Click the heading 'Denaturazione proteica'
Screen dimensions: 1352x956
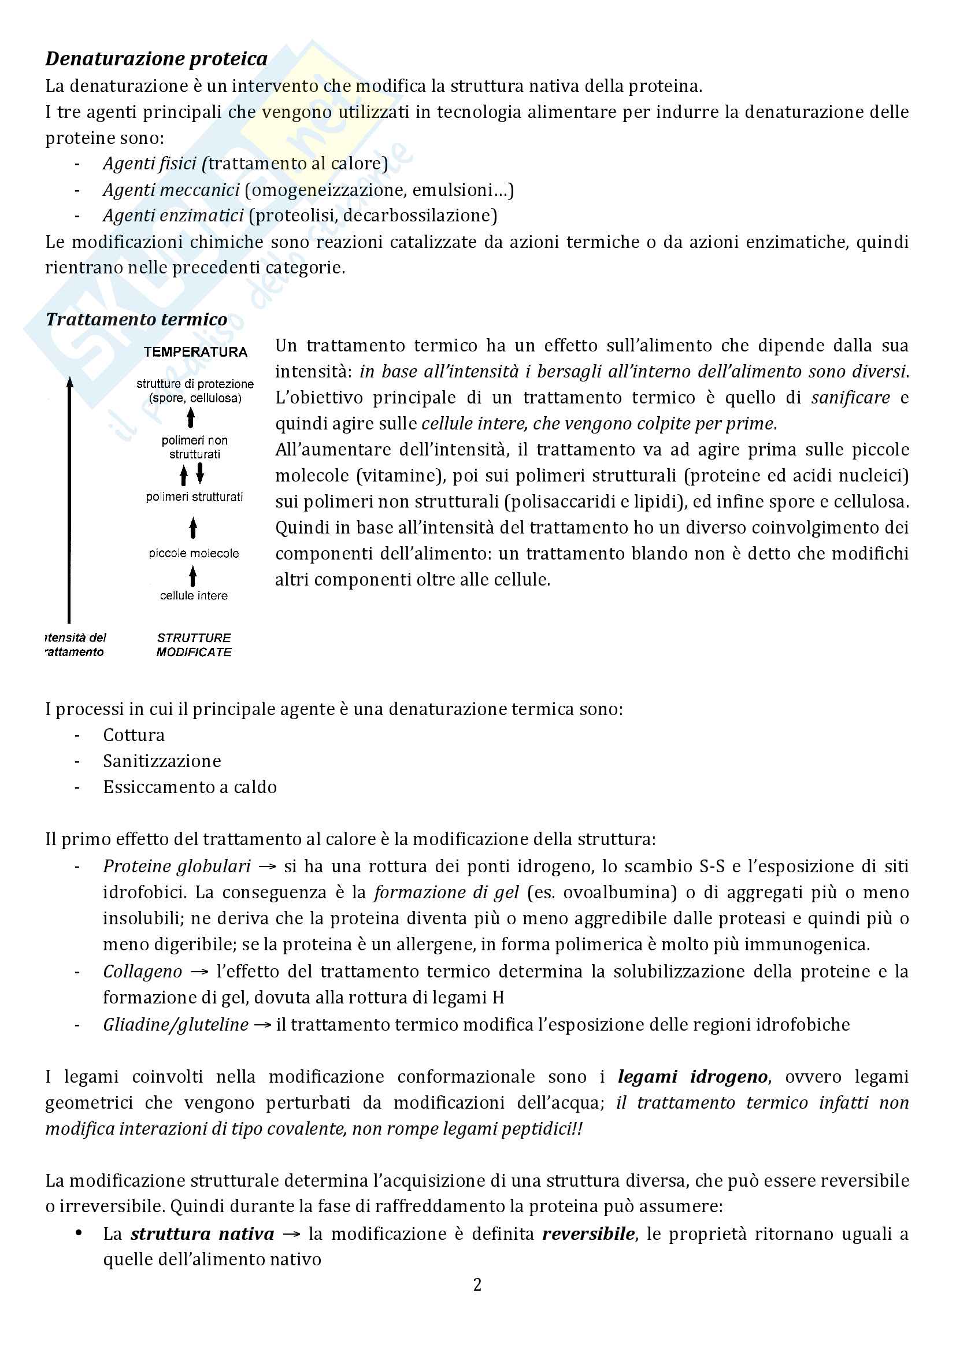(156, 59)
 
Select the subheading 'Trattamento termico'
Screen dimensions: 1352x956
(136, 319)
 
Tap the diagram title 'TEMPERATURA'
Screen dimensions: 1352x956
(195, 352)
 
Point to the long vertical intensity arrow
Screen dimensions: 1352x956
(69, 501)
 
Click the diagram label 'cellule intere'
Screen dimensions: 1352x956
(194, 595)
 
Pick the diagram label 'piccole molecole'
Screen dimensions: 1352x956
(194, 554)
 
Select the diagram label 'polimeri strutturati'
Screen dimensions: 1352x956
(194, 497)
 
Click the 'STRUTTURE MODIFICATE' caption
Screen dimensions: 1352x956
(194, 645)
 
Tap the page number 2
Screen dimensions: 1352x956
(477, 1284)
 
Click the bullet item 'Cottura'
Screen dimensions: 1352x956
(134, 735)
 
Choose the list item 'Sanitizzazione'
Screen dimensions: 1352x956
(162, 761)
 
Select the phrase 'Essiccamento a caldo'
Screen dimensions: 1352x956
(190, 787)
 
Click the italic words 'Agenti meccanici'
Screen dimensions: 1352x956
(171, 190)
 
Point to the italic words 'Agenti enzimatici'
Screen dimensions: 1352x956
(173, 216)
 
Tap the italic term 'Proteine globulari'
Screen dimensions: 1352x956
(177, 866)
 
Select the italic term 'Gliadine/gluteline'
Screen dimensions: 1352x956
(176, 1025)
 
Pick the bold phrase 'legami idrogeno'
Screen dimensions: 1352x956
(693, 1076)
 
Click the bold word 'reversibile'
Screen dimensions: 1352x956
(588, 1233)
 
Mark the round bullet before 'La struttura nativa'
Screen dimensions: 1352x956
(78, 1233)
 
